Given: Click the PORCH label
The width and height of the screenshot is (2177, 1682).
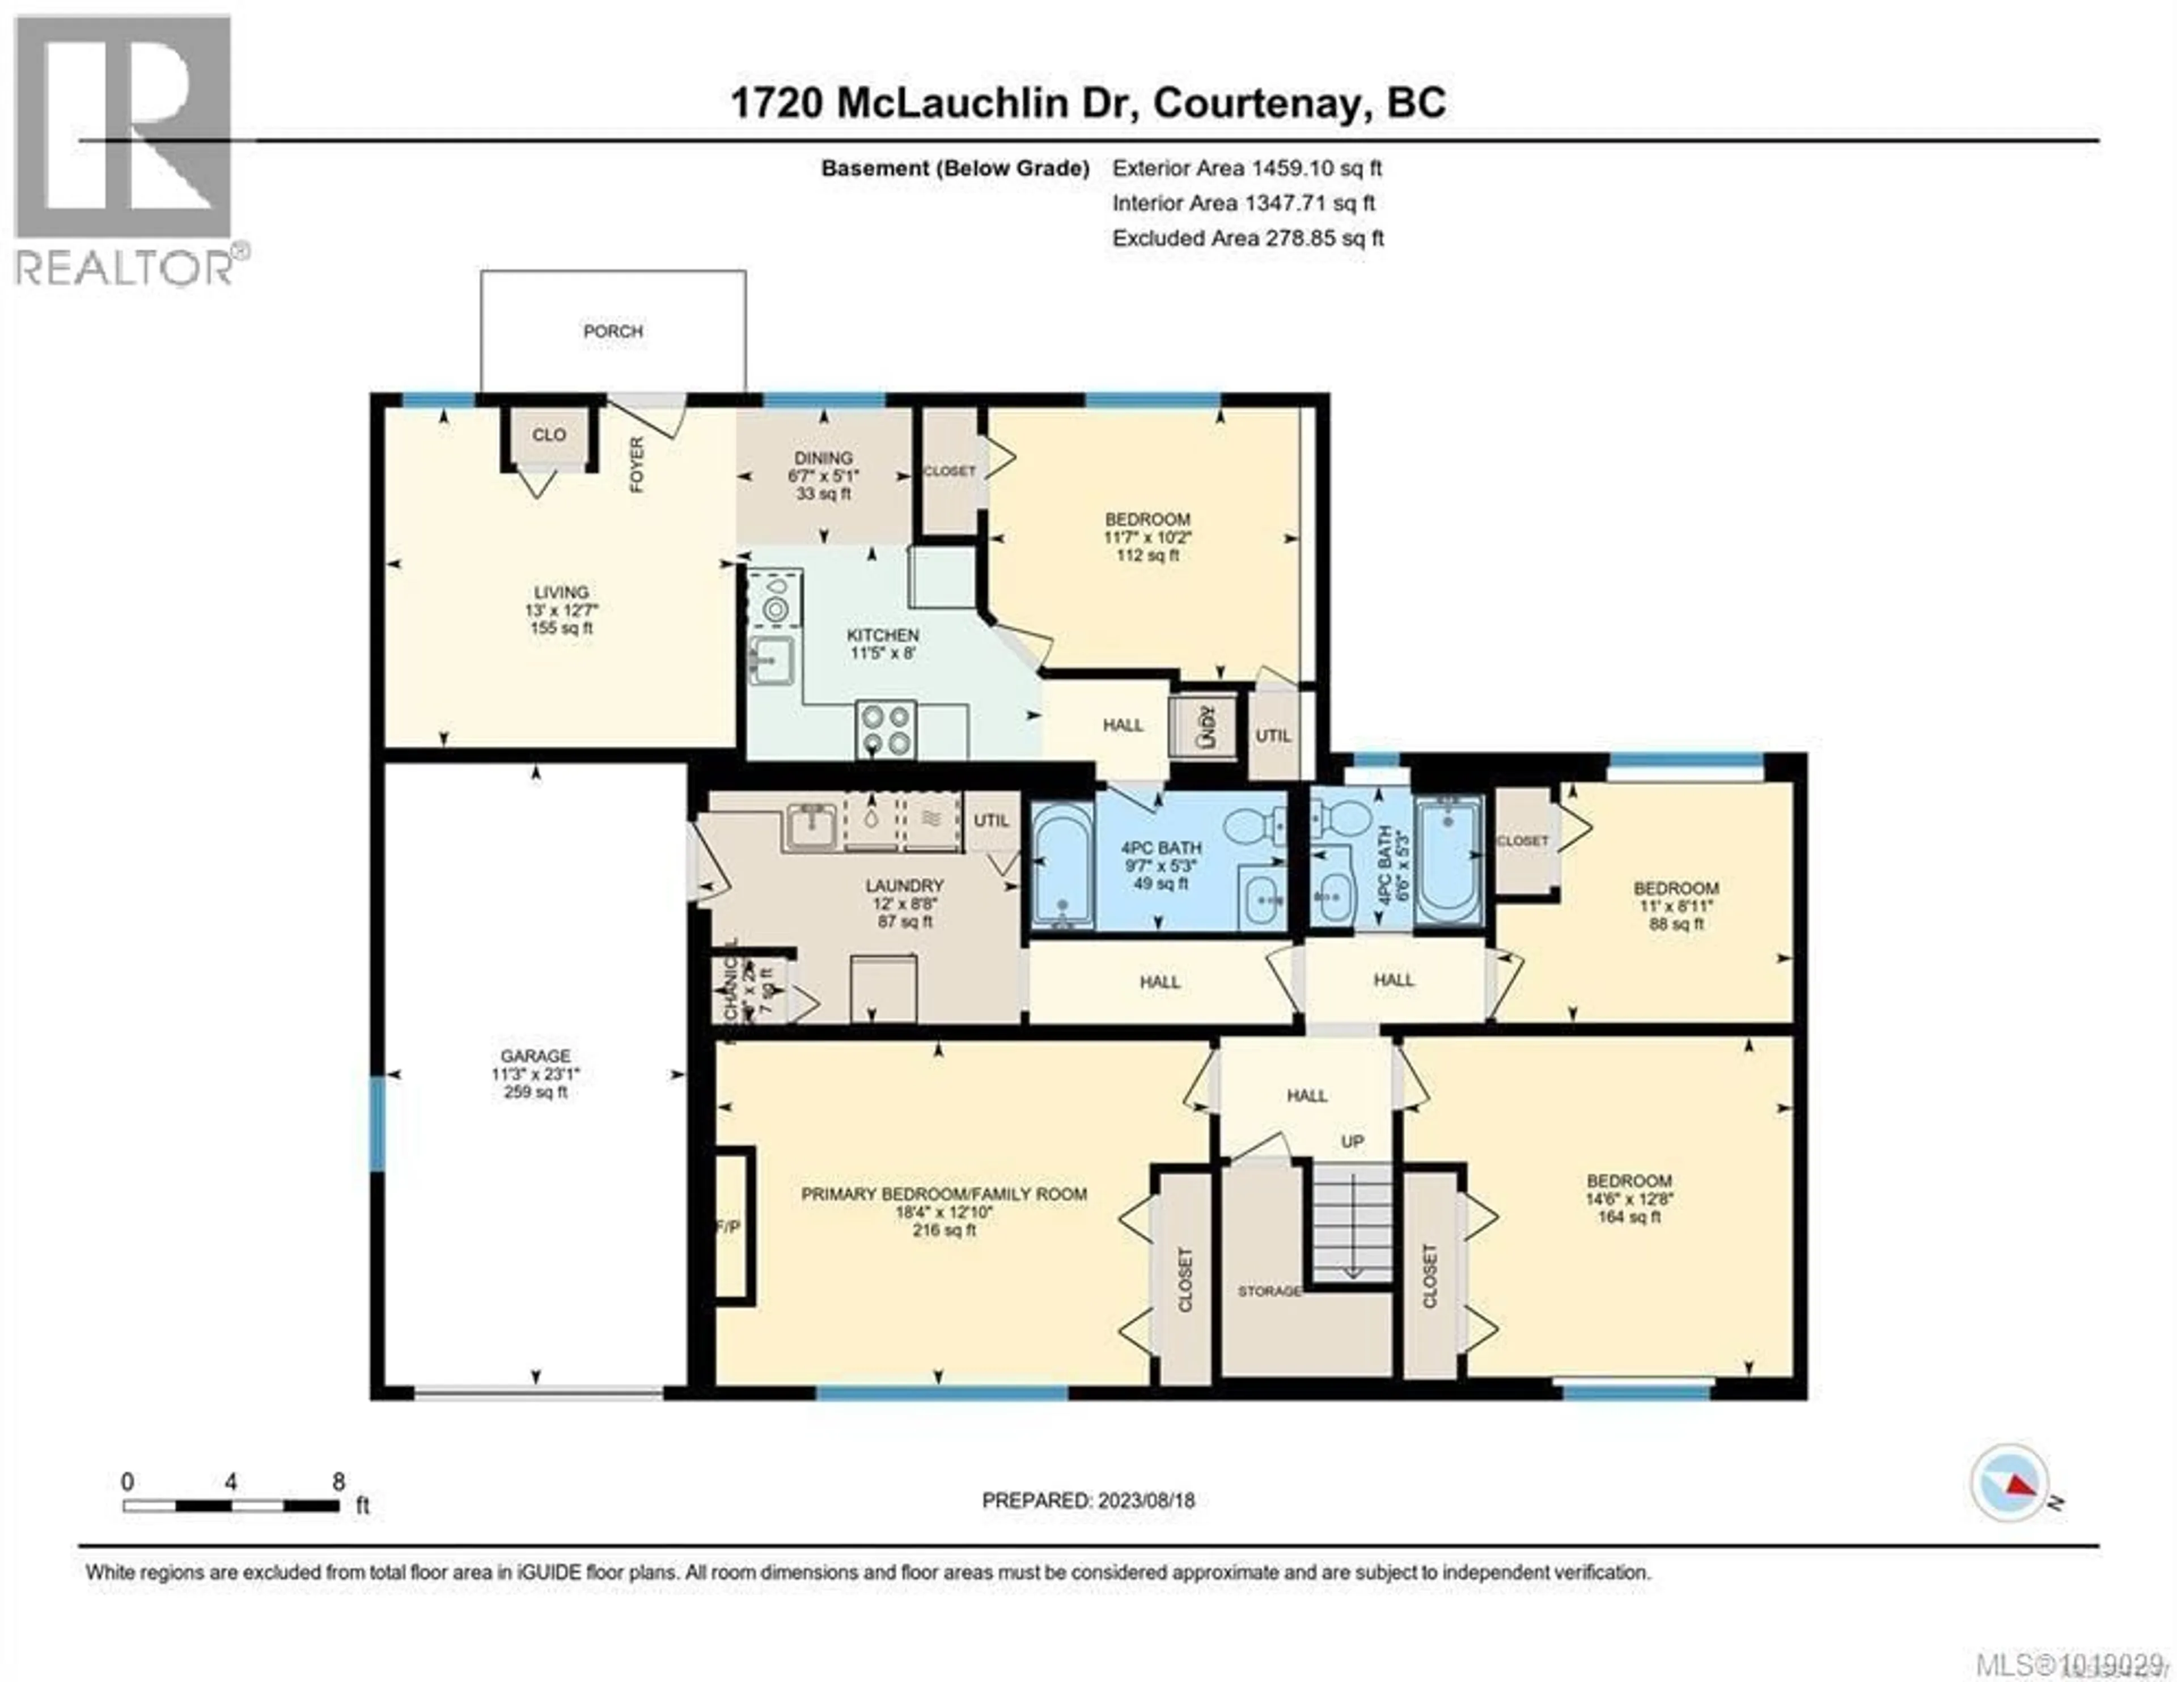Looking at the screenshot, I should (x=613, y=331).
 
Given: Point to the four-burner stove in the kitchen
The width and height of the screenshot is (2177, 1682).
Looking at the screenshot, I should (x=885, y=730).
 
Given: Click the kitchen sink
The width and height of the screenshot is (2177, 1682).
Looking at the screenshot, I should (x=772, y=659).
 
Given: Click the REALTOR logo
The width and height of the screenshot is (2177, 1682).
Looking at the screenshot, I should (x=125, y=150).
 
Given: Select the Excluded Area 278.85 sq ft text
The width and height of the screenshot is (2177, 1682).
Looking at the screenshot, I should (x=1248, y=238).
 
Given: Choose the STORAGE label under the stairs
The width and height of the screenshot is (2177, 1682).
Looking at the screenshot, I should (x=1269, y=1291).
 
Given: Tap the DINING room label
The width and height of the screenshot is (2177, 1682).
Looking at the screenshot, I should (x=823, y=457).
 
